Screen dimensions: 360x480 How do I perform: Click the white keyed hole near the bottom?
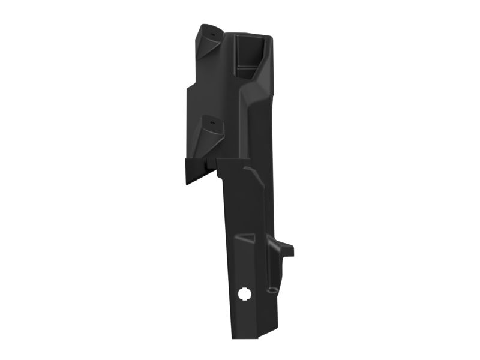click(x=244, y=294)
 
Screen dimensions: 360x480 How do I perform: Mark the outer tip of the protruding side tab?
click(x=292, y=247)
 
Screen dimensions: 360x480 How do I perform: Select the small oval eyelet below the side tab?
click(x=273, y=290)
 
